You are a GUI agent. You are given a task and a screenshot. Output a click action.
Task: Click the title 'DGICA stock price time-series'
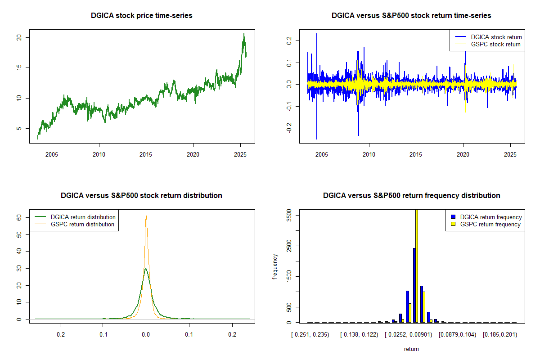tap(141, 15)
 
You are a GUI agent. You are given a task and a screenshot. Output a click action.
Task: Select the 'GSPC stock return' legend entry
tap(495, 44)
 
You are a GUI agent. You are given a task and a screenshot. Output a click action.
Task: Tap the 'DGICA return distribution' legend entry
tap(83, 217)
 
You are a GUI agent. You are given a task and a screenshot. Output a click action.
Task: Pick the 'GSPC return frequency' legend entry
tap(490, 224)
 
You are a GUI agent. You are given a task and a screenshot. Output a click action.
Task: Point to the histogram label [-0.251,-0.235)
tap(310, 334)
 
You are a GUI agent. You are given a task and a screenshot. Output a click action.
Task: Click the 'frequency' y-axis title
tap(275, 267)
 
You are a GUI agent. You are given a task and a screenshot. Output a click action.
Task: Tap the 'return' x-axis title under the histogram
tap(411, 349)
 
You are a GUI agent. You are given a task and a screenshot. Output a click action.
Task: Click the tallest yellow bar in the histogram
tap(417, 265)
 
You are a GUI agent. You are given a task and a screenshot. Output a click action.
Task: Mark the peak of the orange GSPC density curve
tap(146, 216)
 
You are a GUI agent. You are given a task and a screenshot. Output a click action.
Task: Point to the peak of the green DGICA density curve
tap(145, 269)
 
